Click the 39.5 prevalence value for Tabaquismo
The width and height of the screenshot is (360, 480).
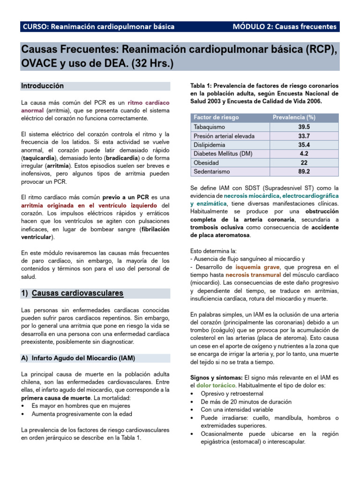pos(304,127)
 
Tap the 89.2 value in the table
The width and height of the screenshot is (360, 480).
pos(304,172)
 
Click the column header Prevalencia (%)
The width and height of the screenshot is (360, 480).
pos(293,117)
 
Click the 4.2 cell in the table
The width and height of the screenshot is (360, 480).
pos(304,154)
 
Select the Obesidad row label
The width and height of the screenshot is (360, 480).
pos(206,163)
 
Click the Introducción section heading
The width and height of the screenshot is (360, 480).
pos(42,86)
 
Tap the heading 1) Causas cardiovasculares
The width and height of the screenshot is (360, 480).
pos(72,293)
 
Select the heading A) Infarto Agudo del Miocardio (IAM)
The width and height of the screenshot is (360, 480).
pos(78,358)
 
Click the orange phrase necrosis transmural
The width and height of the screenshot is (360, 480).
pos(253,275)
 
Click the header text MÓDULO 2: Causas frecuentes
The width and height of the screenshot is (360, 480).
pos(285,27)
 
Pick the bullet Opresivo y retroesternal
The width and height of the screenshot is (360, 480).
pos(232,394)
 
